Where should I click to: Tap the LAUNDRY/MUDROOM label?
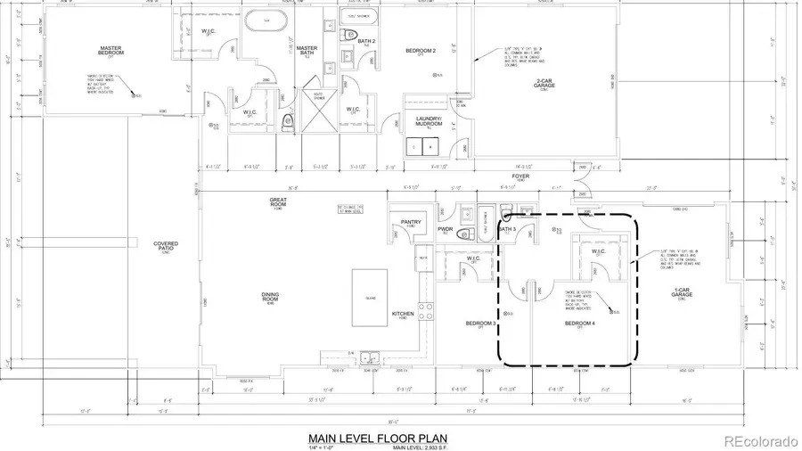pos(423,122)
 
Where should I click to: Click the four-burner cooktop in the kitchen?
pos(425,311)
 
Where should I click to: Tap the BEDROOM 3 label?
pos(480,324)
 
